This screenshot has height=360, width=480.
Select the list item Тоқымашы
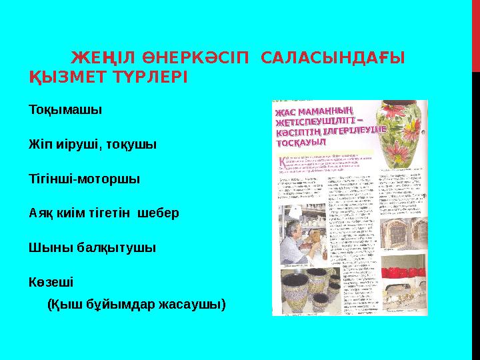[x=65, y=109]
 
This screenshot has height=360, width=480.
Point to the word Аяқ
[x=41, y=213]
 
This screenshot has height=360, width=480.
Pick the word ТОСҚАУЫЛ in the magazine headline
[x=302, y=143]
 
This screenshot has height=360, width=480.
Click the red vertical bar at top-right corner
[x=475, y=33]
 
